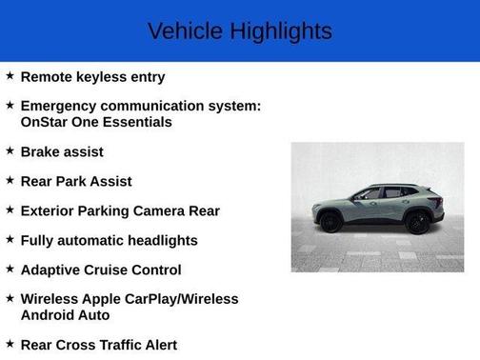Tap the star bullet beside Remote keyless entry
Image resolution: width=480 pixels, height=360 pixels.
[x=10, y=76]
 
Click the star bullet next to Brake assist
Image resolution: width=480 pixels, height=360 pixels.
[x=10, y=151]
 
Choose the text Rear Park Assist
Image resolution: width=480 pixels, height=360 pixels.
[x=76, y=181]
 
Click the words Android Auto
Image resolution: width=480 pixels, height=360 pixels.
[x=65, y=315]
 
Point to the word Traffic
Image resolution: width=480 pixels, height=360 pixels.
[x=120, y=345]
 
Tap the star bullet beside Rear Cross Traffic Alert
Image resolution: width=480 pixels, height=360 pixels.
[x=10, y=344]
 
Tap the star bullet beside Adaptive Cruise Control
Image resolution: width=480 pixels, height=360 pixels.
[x=10, y=269]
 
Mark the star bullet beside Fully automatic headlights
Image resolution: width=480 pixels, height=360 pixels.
[x=10, y=239]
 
